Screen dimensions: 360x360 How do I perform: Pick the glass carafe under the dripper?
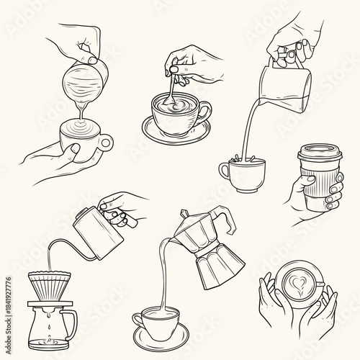[x=46, y=325]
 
